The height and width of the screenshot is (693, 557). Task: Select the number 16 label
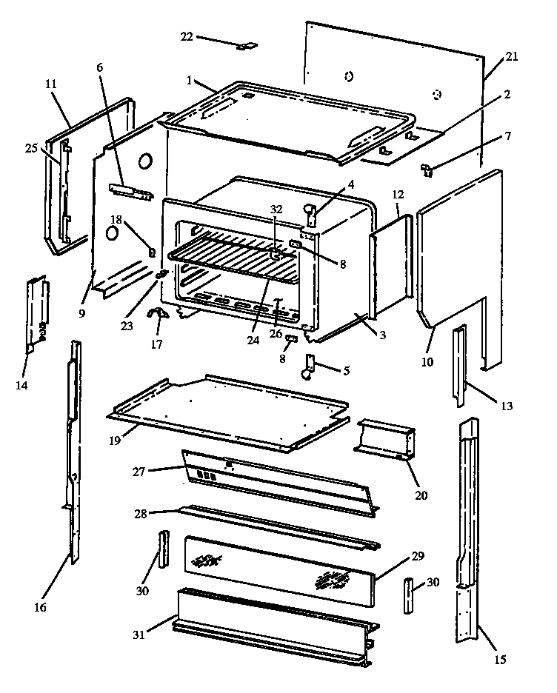(40, 608)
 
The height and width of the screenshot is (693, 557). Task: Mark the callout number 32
(276, 210)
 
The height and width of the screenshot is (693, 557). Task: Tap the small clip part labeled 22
(244, 46)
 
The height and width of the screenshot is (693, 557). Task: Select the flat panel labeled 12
(390, 263)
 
